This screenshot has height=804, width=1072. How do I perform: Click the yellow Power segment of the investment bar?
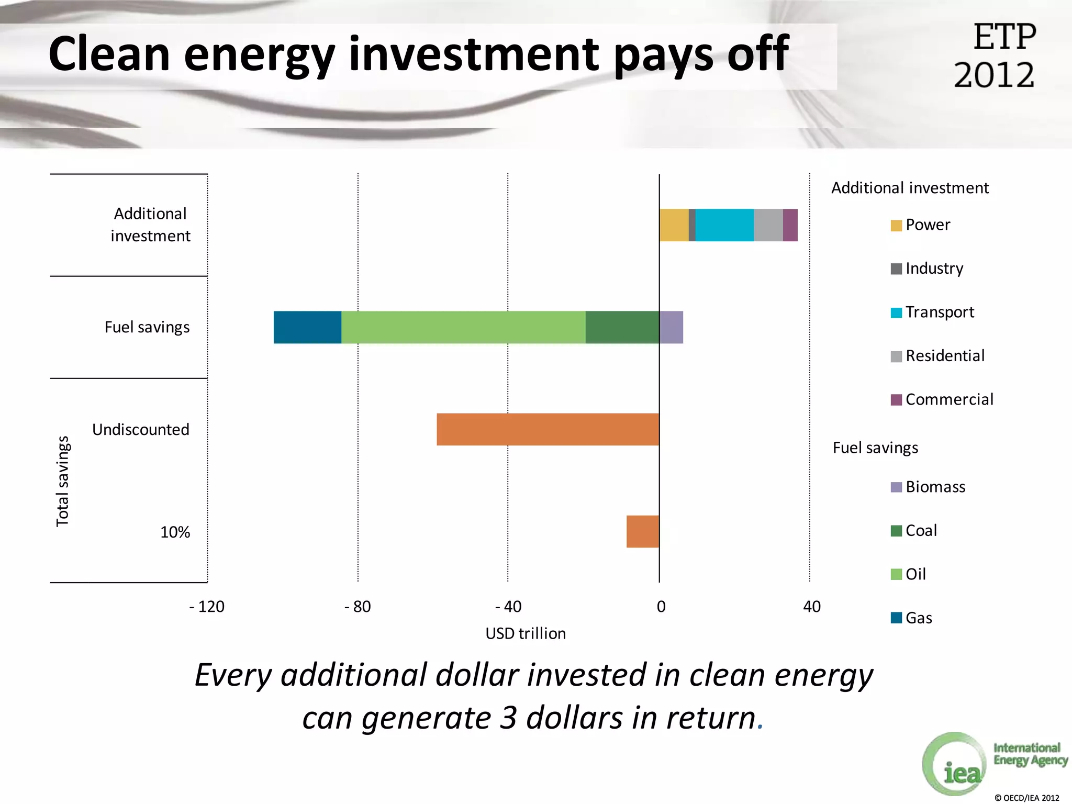click(674, 225)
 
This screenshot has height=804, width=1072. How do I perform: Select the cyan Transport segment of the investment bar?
click(724, 225)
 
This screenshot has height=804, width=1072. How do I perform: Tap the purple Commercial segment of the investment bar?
click(790, 225)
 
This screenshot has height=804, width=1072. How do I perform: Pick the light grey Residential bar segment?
click(768, 225)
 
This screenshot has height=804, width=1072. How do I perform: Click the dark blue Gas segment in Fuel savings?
click(307, 327)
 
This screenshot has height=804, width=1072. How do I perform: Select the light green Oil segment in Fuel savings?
click(463, 327)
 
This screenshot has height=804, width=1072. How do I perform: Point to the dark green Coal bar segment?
click(622, 327)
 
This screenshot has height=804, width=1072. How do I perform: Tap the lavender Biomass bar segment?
click(671, 327)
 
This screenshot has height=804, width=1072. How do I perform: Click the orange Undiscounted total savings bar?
click(548, 429)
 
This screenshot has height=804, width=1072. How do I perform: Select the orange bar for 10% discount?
click(643, 531)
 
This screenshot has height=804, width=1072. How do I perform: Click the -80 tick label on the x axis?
click(358, 607)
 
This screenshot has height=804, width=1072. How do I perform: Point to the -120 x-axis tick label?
click(207, 607)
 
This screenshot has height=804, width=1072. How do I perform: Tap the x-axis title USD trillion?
click(526, 634)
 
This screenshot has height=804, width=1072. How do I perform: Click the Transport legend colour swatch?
click(896, 312)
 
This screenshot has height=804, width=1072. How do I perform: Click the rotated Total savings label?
click(63, 481)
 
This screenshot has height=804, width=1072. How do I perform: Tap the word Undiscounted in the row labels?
click(141, 430)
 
